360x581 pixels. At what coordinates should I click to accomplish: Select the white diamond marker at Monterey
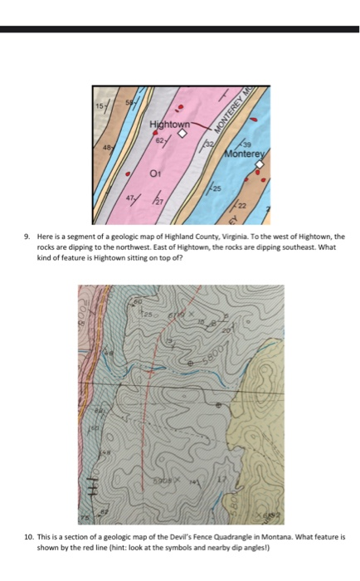click(x=259, y=164)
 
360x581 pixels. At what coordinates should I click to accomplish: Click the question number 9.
click(x=27, y=237)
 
